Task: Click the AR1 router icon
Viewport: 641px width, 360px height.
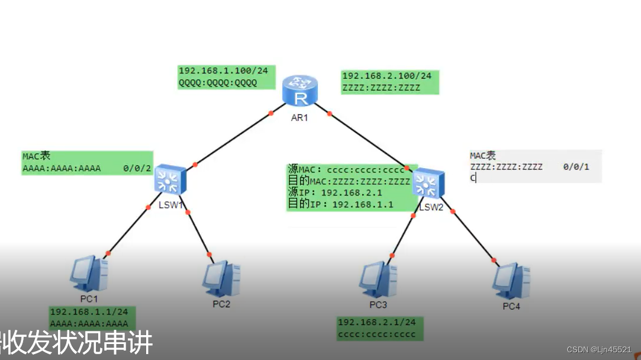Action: [x=300, y=91]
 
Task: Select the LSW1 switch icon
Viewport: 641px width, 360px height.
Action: [x=170, y=180]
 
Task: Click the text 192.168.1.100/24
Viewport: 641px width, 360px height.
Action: [x=223, y=71]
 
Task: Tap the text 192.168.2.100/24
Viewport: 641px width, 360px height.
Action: [x=386, y=76]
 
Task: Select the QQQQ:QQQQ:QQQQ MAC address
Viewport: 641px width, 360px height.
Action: [x=218, y=83]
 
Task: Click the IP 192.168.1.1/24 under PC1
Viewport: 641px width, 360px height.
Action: [x=89, y=312]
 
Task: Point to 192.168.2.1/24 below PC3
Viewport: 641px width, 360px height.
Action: [x=376, y=322]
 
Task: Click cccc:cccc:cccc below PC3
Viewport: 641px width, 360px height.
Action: [x=376, y=335]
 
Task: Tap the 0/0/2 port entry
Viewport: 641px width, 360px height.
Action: [x=137, y=169]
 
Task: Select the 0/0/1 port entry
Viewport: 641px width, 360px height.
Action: [x=576, y=167]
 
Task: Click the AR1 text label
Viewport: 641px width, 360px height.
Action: [x=299, y=117]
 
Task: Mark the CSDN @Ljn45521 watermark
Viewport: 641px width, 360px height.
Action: [x=598, y=350]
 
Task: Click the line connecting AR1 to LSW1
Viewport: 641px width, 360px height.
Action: [x=232, y=139]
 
